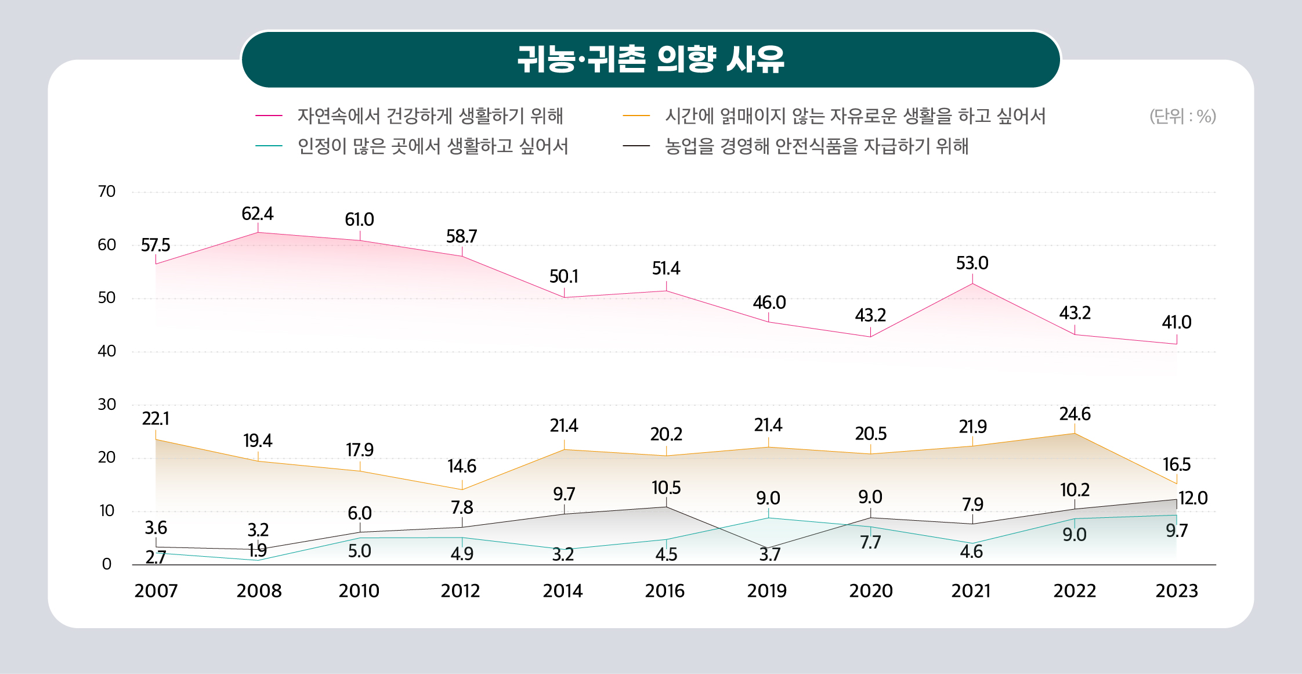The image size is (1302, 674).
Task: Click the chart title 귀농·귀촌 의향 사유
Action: (650, 59)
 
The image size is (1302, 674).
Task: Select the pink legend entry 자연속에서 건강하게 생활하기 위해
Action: (430, 116)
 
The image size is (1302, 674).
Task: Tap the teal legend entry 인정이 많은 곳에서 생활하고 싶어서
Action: (432, 146)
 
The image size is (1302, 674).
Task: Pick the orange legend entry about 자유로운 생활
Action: (855, 116)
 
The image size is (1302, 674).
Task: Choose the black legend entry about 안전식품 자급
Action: (816, 146)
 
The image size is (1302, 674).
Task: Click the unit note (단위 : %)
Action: (1182, 116)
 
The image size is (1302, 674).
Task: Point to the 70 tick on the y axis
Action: (107, 192)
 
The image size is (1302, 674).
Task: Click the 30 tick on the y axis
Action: (107, 405)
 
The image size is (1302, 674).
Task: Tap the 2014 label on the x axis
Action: (563, 591)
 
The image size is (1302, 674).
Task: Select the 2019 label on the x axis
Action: (767, 591)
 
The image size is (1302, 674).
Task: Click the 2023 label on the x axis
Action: (1177, 591)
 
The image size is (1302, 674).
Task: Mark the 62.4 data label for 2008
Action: (258, 214)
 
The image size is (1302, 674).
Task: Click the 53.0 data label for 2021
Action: (972, 264)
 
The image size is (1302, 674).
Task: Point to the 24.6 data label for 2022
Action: (1075, 415)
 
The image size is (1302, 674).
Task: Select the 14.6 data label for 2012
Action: (462, 466)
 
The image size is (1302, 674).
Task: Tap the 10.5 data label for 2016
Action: (666, 488)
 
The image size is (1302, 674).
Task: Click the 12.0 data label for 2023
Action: (1193, 498)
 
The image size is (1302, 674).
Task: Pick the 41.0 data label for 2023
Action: (1177, 323)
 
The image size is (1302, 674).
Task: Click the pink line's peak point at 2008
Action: (258, 233)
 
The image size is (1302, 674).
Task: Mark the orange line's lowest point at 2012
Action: (462, 489)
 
